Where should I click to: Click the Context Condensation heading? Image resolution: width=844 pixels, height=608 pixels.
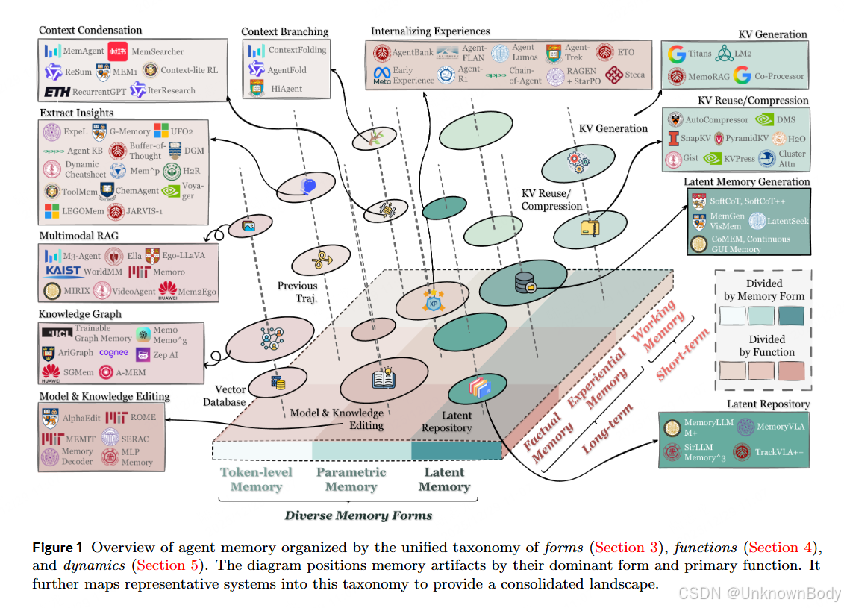(x=90, y=30)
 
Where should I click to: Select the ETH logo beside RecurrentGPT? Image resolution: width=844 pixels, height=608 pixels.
(x=59, y=92)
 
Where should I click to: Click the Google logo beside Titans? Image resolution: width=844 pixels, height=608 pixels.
(x=677, y=54)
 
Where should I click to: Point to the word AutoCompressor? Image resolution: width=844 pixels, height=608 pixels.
(x=717, y=119)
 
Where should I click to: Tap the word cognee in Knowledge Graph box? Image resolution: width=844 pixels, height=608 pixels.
(x=114, y=353)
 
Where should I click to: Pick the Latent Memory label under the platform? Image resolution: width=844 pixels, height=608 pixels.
(x=444, y=480)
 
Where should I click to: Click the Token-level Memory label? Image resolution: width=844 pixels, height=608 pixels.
(x=256, y=480)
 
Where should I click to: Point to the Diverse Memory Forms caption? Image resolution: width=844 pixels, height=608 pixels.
(x=358, y=515)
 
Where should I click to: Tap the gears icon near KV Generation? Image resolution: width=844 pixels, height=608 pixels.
(x=578, y=159)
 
